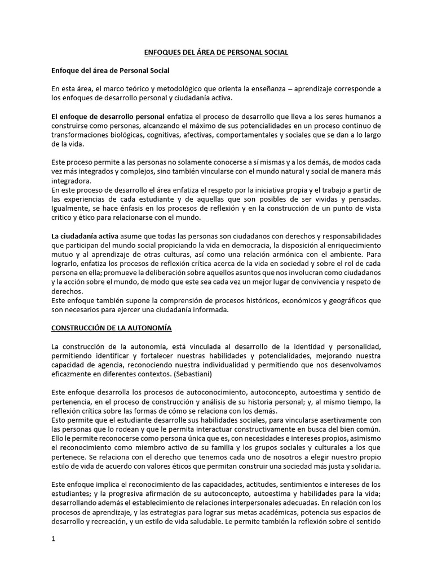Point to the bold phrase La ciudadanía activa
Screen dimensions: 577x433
coord(85,236)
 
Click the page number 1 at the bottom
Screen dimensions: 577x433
coord(53,539)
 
